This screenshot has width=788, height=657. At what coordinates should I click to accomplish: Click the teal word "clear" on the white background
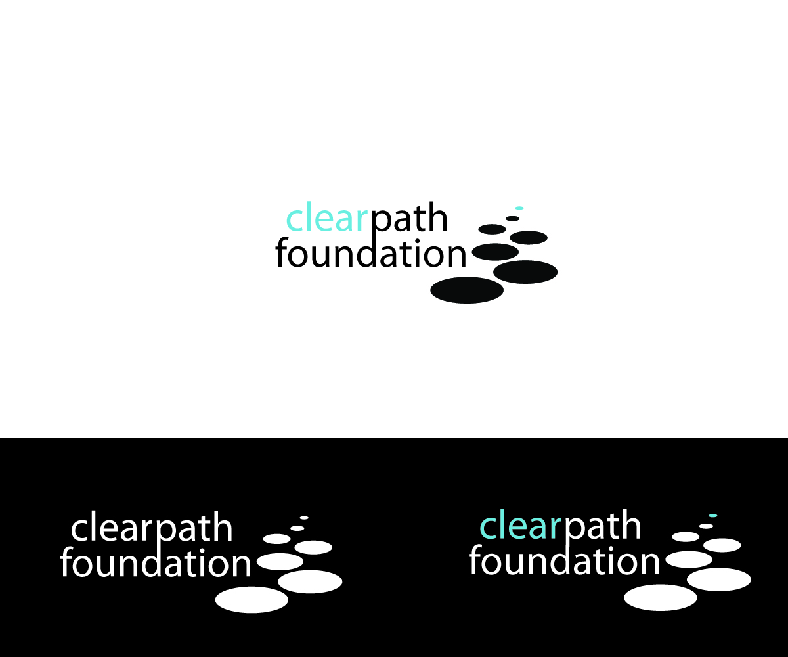pos(326,219)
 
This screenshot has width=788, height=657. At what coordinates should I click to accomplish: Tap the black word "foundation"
pos(370,254)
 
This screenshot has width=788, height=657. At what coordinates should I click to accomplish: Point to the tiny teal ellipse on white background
pos(519,208)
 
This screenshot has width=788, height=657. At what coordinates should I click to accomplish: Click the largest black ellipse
pos(467,290)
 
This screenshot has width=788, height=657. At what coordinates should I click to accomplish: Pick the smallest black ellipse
pos(513,218)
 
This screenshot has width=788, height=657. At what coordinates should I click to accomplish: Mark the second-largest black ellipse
pos(525,271)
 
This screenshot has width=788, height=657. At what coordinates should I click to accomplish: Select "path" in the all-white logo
pos(195,529)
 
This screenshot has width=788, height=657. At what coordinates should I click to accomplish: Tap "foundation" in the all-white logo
pos(156,564)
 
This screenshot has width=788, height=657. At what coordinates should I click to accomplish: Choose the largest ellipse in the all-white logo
pos(252,599)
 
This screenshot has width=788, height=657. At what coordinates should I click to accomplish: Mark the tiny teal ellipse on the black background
pos(712,516)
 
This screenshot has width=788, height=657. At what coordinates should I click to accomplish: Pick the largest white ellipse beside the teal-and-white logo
pos(660,597)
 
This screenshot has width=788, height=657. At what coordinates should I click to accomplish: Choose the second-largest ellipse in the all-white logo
pos(310,581)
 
